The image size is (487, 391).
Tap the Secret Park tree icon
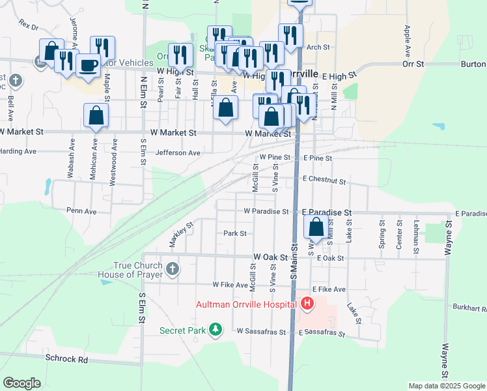click(216, 331)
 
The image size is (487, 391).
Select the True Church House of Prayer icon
click(173, 268)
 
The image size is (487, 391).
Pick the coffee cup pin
click(89, 65)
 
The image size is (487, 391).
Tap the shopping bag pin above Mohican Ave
click(96, 115)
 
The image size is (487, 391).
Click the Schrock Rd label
click(66, 359)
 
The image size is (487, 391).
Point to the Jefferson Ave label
click(178, 153)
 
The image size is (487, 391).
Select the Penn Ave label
click(81, 211)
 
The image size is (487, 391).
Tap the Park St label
click(235, 233)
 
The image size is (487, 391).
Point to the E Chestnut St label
click(324, 181)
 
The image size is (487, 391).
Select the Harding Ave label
click(18, 151)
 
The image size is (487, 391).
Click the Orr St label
click(413, 65)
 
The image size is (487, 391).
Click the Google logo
click(21, 383)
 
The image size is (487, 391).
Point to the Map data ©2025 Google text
click(446, 386)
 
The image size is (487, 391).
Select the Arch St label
click(319, 48)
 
